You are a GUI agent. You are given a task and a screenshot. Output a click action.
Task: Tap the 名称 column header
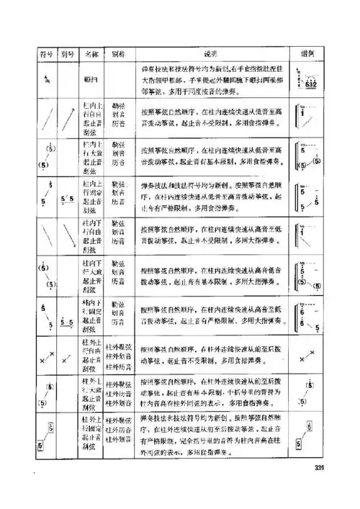[92, 53]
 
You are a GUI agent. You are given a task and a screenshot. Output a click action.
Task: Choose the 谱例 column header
[305, 53]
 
